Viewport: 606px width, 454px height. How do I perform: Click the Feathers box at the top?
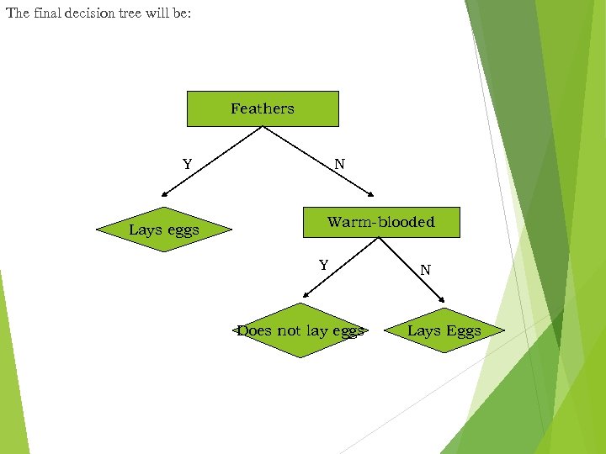tap(263, 108)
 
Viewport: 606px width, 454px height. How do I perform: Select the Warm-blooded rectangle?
tap(380, 222)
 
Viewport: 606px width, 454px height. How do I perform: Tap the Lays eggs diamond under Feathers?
tap(164, 230)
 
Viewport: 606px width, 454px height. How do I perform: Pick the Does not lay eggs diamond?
tap(300, 330)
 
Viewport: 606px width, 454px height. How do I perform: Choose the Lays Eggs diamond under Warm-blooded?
tap(444, 330)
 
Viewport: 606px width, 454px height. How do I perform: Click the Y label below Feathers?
tap(187, 164)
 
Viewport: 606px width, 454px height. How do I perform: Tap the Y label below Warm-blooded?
tap(323, 266)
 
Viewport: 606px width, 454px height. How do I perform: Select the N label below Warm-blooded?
tap(425, 270)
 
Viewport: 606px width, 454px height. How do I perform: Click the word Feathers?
tap(263, 108)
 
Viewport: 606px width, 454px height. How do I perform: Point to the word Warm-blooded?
tap(380, 222)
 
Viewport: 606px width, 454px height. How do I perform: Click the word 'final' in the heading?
tap(46, 13)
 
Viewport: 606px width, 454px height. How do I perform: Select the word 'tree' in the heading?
tap(134, 13)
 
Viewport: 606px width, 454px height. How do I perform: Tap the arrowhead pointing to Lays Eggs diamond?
tap(441, 298)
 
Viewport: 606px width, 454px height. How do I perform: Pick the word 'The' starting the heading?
tap(17, 13)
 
